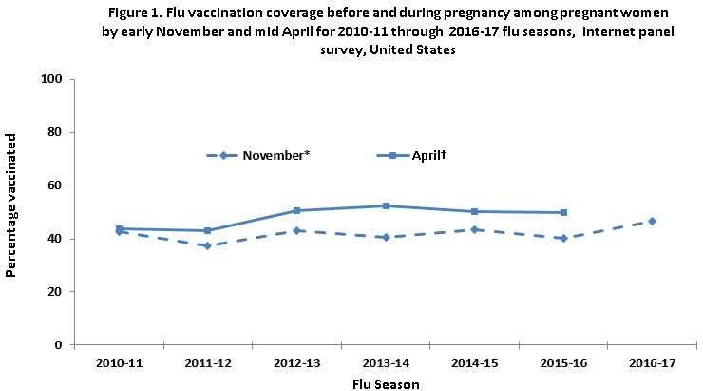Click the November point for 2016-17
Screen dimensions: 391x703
coord(651,221)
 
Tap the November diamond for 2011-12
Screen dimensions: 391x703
coord(208,245)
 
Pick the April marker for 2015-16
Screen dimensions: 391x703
coord(563,212)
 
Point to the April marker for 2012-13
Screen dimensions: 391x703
coord(296,210)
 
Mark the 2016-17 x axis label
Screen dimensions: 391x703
coord(651,363)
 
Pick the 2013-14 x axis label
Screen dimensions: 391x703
coord(385,363)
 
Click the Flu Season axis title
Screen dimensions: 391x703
coord(385,383)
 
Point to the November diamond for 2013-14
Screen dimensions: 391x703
coord(386,237)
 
